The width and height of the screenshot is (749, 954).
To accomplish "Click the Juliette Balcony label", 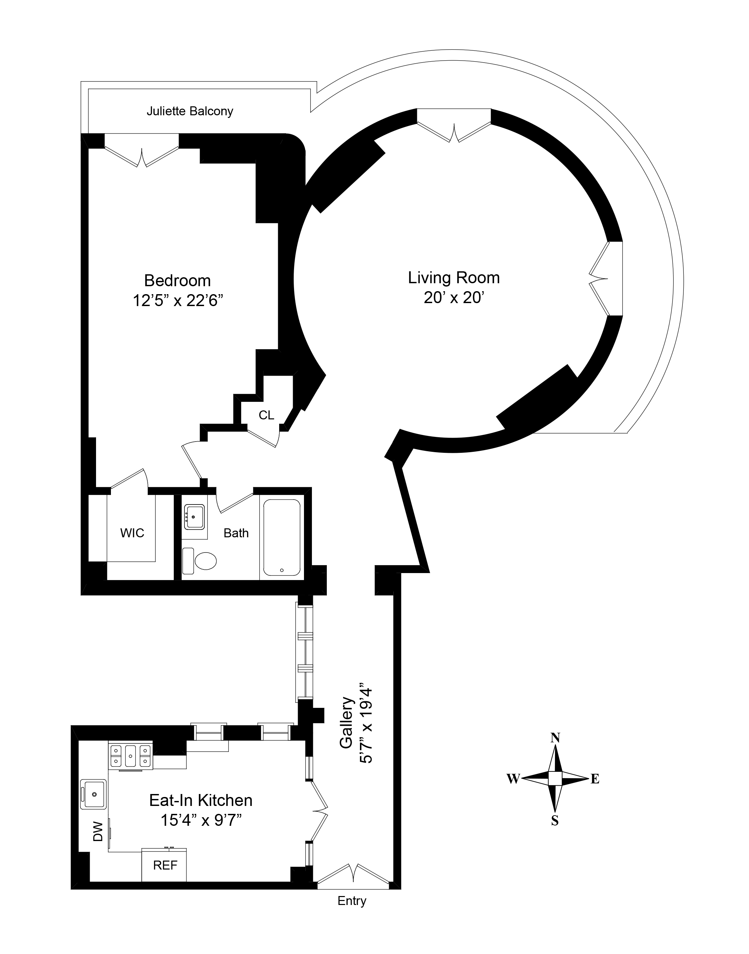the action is tap(189, 111).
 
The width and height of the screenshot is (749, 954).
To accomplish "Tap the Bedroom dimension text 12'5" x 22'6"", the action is tap(177, 301).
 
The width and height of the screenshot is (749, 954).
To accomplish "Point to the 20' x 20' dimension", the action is tap(454, 298).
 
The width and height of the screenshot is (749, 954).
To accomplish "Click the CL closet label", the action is tap(266, 415).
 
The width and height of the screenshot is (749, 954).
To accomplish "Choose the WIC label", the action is tap(132, 533).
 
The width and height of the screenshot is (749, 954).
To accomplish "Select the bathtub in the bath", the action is tap(281, 538).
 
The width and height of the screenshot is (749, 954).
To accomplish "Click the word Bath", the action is tap(236, 533).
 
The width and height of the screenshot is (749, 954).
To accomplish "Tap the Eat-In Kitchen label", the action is tap(201, 801).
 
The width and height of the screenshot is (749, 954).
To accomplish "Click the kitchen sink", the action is tap(93, 794).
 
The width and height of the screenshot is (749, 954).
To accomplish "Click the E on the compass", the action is tap(595, 779).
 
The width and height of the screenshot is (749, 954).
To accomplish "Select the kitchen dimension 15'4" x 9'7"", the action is tap(201, 820).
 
